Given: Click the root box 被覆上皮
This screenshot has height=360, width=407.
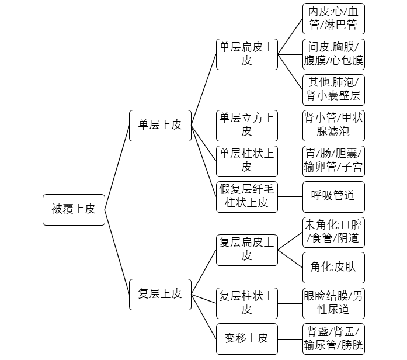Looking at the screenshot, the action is [74, 210].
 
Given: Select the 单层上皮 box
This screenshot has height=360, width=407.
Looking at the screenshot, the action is [160, 126].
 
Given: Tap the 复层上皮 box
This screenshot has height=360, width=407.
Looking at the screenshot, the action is [160, 295].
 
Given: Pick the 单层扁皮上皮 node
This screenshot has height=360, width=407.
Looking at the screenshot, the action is [247, 54].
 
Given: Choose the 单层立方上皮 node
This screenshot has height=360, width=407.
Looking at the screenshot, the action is [247, 126].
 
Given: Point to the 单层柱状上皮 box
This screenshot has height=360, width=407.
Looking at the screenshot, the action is [247, 161].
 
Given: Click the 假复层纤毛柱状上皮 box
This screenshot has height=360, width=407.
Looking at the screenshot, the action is [247, 197].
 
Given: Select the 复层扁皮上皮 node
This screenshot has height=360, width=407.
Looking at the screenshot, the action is [247, 250].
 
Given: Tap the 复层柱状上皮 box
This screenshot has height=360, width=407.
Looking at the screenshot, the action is [247, 303].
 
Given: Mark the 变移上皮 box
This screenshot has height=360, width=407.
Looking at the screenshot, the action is [247, 339].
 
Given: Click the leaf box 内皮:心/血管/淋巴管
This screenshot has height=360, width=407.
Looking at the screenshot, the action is [333, 19].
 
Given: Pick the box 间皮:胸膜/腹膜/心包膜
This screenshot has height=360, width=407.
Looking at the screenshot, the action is [333, 54].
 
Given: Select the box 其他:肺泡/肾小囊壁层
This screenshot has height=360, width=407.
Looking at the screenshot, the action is [333, 90].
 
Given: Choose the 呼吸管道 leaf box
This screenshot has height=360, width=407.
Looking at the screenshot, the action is [333, 197].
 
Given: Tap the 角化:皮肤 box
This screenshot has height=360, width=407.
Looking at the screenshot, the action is [333, 268].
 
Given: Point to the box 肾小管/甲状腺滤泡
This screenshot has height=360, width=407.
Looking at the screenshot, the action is [333, 126].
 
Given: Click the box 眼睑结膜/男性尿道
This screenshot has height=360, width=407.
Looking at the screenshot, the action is [333, 303].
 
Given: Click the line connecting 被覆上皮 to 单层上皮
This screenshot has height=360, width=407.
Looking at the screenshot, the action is [117, 168].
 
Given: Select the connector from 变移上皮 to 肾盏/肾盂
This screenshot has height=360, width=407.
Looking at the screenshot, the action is [290, 339].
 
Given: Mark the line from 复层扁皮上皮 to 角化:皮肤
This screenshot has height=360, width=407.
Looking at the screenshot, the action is [290, 259].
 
